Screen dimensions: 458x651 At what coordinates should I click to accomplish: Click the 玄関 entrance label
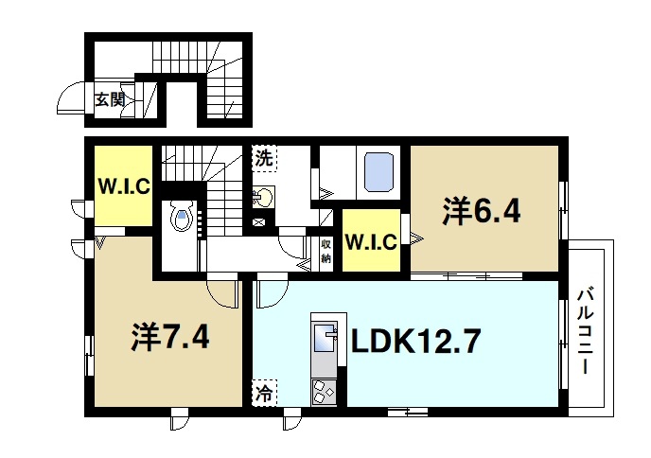(x=110, y=98)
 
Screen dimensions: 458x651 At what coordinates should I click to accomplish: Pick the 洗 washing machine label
(x=264, y=158)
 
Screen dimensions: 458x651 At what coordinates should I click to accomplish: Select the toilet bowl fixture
(x=182, y=219)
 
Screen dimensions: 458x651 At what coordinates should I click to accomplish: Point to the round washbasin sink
(x=264, y=198)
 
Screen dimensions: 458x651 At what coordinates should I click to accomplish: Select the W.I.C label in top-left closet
(x=121, y=185)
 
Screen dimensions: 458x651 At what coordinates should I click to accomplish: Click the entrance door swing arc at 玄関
(x=72, y=97)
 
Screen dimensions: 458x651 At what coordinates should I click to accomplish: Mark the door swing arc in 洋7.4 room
(x=221, y=294)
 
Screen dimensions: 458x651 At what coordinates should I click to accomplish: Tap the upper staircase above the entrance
(x=194, y=56)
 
